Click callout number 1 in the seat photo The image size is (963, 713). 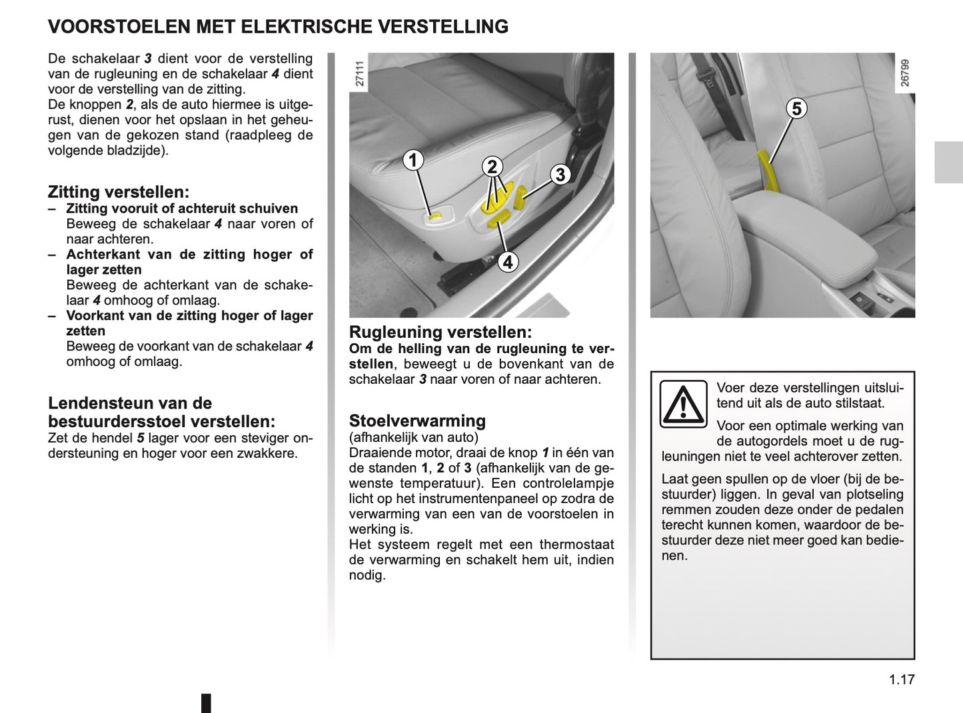(413, 160)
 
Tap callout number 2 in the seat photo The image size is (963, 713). (492, 167)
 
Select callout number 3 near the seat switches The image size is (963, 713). (560, 175)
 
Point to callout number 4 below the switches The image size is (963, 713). (508, 262)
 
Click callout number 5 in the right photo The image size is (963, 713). (796, 108)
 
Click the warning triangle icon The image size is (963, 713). (683, 404)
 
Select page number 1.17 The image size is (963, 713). (902, 680)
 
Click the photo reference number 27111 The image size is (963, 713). (360, 74)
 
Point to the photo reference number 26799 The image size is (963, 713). (904, 73)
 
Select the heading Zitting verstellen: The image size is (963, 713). (119, 192)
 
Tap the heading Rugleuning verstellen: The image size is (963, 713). (441, 332)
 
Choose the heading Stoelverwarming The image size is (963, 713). (417, 420)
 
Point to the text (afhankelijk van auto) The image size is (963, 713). (414, 437)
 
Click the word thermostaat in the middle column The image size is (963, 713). (576, 544)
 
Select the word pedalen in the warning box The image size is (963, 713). (881, 510)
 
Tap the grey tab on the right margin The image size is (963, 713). (948, 162)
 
